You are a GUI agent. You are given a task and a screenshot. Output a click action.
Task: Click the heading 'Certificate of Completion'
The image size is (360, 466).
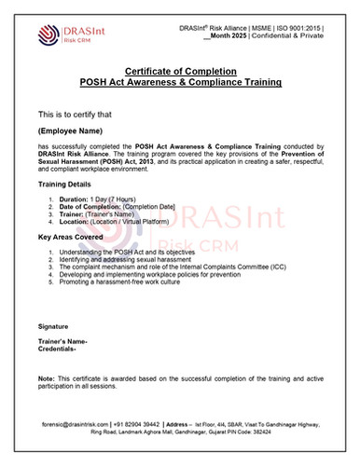tap(179, 72)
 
